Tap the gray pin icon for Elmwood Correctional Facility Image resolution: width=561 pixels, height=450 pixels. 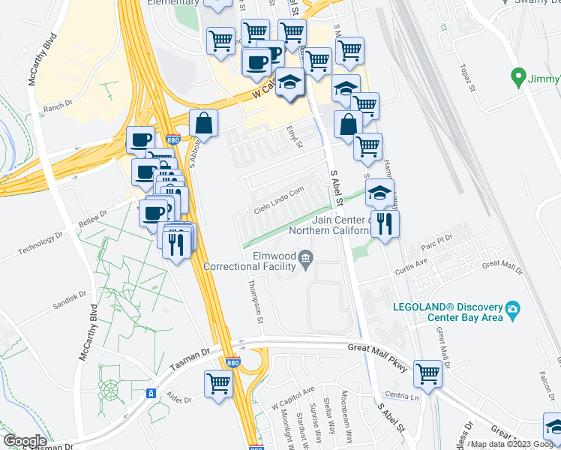(305, 260)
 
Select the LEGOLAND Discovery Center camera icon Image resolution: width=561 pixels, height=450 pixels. (512, 309)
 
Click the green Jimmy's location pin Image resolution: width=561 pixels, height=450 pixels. (517, 76)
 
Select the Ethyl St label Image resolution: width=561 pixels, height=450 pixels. (292, 136)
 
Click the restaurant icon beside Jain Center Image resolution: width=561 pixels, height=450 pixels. (385, 223)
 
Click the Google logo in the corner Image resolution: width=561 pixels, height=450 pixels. (25, 441)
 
